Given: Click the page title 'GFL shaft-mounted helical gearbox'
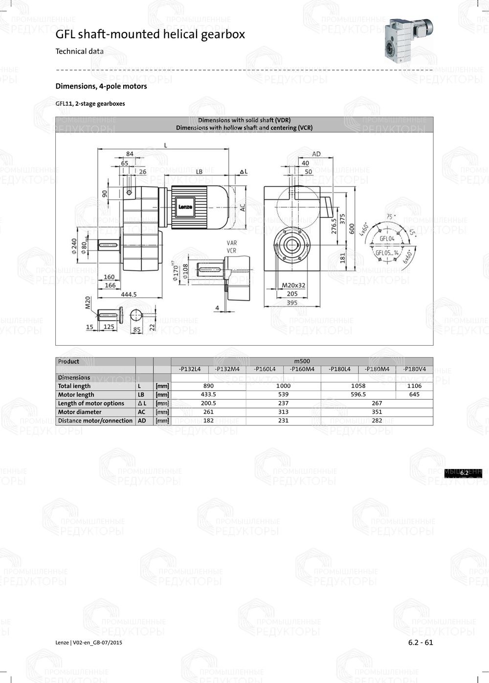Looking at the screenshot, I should (x=150, y=34).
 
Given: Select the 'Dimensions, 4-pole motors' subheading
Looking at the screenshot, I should (x=101, y=86).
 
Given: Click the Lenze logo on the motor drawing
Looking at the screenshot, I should (x=185, y=207).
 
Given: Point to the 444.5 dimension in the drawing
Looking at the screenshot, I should (x=129, y=294).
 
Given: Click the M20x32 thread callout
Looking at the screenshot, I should (x=293, y=285).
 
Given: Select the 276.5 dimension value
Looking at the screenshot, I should (x=334, y=227).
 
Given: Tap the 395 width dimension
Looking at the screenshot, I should (x=292, y=303).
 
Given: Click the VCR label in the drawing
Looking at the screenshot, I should (x=231, y=251).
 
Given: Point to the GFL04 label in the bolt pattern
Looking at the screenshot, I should (x=387, y=238).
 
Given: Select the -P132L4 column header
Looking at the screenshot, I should (x=190, y=369).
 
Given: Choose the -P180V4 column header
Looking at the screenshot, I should (x=414, y=369).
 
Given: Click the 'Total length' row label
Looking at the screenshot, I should (x=74, y=386).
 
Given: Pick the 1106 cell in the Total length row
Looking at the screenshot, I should (x=414, y=386).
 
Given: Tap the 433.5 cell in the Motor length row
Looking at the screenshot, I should (x=208, y=394).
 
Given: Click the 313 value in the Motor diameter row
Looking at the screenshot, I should (x=283, y=412).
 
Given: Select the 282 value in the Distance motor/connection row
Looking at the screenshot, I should (x=377, y=421).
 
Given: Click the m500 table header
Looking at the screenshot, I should (x=302, y=361).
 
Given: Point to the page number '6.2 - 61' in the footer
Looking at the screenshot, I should (x=421, y=642).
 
